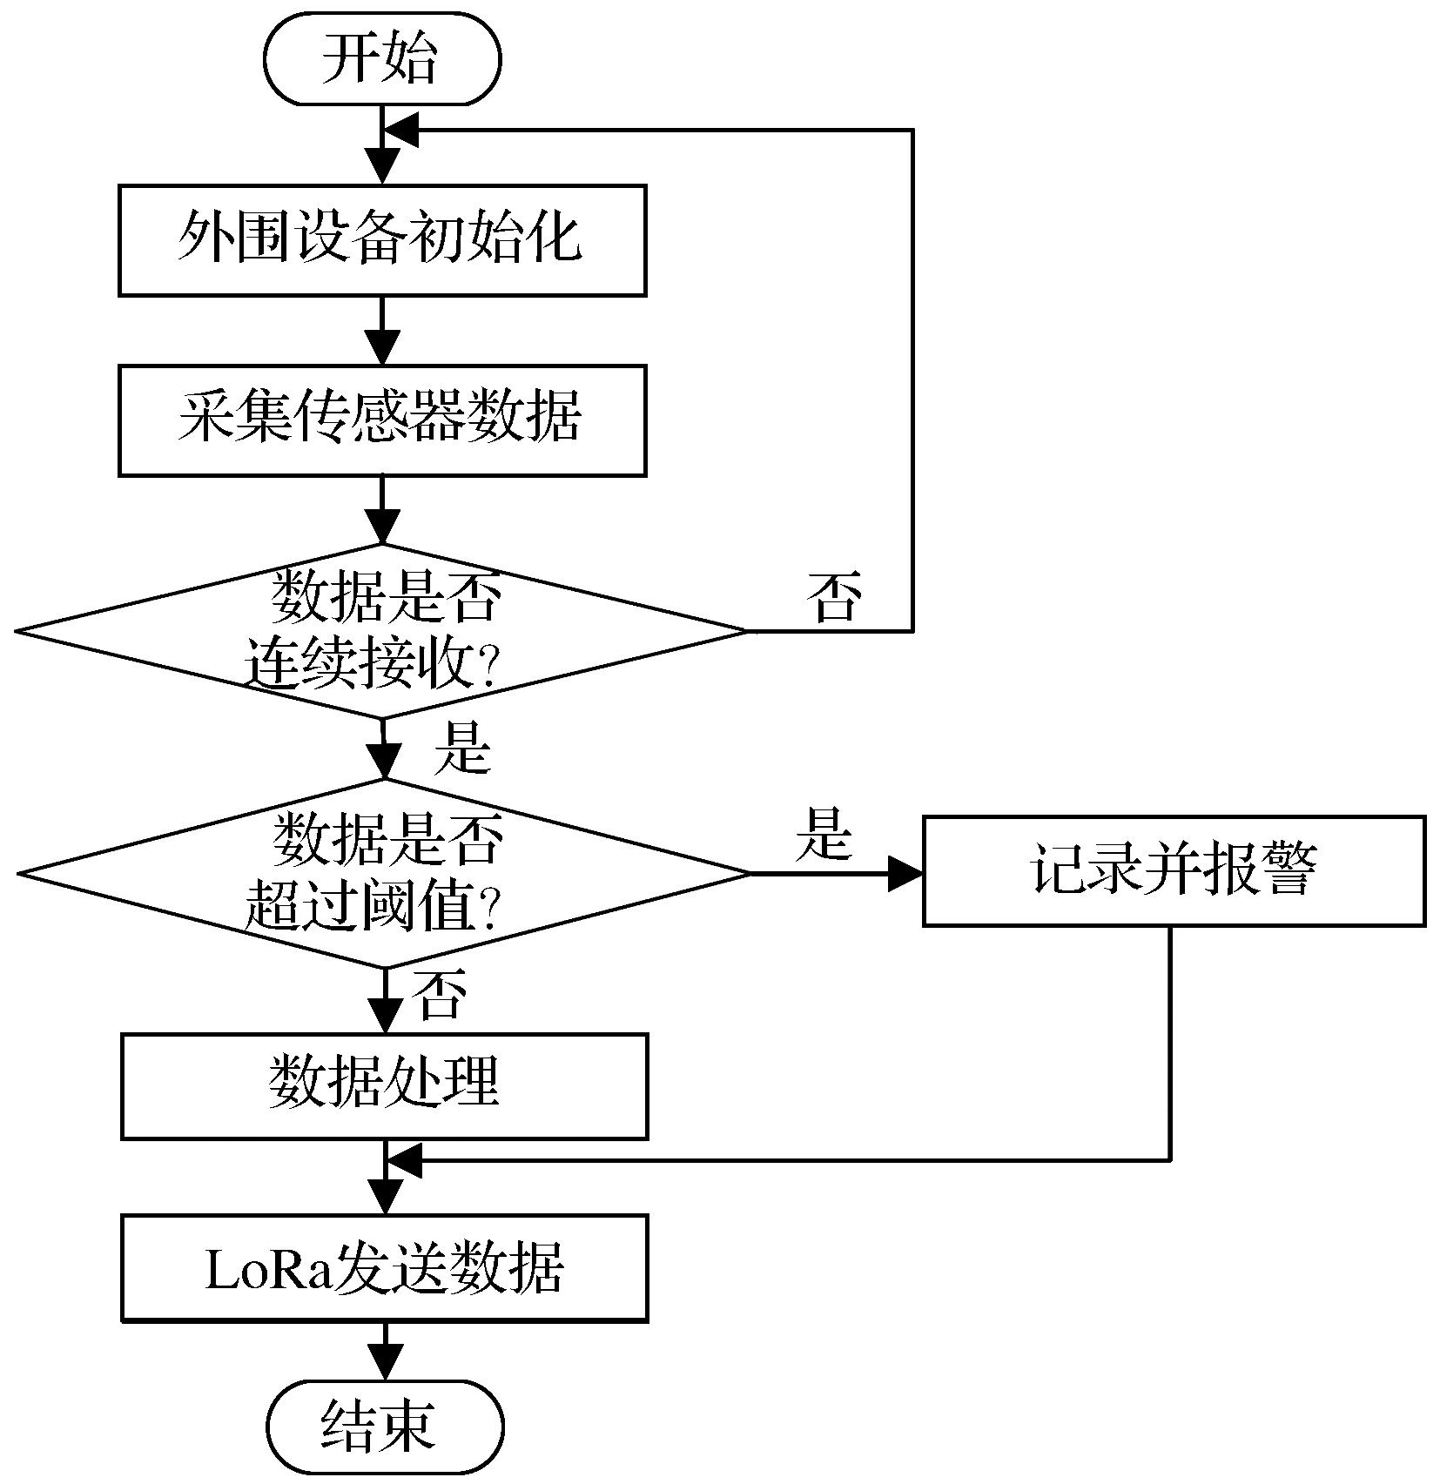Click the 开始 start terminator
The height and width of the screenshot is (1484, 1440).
click(x=382, y=59)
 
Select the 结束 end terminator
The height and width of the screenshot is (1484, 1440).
click(x=385, y=1427)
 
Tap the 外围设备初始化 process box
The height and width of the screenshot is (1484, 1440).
click(x=382, y=239)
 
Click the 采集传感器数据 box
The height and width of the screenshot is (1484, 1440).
click(x=382, y=420)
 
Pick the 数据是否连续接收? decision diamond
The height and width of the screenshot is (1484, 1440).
click(x=380, y=631)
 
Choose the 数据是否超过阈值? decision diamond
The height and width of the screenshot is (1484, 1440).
click(x=384, y=873)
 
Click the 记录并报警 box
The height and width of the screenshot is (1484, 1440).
click(x=1173, y=870)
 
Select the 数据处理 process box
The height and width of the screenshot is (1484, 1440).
click(x=384, y=1085)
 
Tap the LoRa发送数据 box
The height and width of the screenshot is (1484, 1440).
click(x=384, y=1268)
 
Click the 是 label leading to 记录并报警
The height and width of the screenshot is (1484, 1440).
click(x=823, y=834)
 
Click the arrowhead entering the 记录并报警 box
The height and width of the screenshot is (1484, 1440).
click(x=905, y=873)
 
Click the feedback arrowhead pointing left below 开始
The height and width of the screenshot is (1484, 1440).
click(x=401, y=131)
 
